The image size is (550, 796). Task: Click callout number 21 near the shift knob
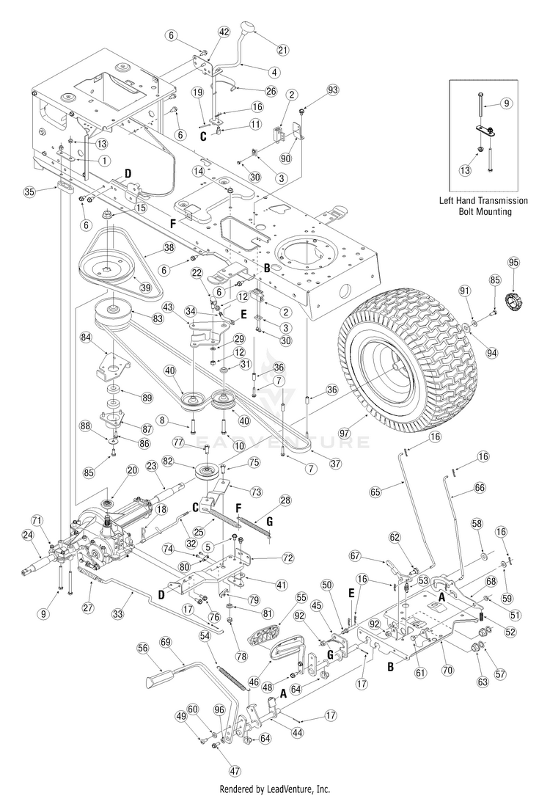click(282, 50)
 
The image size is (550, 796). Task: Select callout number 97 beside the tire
click(359, 433)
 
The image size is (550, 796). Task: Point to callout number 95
click(514, 263)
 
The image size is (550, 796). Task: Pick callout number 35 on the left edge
click(30, 192)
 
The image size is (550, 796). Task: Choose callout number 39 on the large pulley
click(146, 288)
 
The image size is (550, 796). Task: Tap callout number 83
click(157, 318)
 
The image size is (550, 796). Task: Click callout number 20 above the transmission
click(132, 470)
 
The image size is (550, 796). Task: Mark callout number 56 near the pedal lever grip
click(143, 648)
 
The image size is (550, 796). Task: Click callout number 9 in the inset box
click(506, 103)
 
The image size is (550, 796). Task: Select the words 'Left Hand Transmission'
click(483, 200)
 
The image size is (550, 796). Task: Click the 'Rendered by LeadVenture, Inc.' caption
click(274, 789)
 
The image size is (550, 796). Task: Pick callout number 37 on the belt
click(335, 464)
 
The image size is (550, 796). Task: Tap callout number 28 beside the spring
click(286, 500)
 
